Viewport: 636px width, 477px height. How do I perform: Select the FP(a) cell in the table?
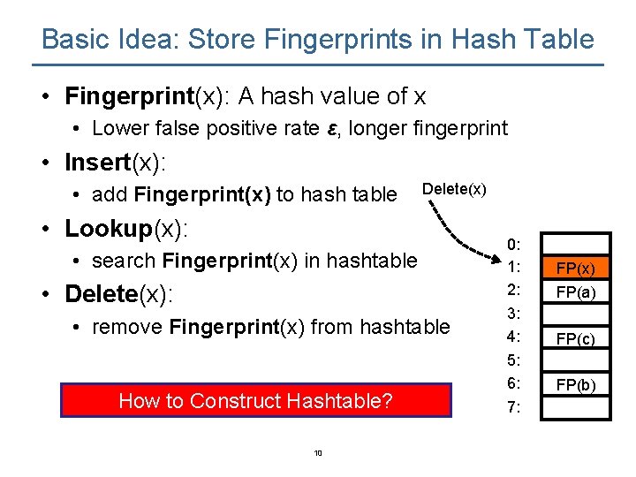click(575, 291)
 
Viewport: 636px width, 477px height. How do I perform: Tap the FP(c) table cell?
click(575, 338)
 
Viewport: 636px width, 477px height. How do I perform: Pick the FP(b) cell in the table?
click(575, 384)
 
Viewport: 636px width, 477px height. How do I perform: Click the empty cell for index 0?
click(575, 245)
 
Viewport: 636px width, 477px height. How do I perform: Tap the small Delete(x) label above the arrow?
click(454, 188)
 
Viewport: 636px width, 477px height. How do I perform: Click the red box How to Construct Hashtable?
click(256, 400)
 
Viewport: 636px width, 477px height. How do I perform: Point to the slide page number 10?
click(318, 453)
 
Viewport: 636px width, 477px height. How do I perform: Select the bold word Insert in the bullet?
click(97, 163)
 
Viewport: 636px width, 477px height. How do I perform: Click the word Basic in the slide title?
click(74, 40)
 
